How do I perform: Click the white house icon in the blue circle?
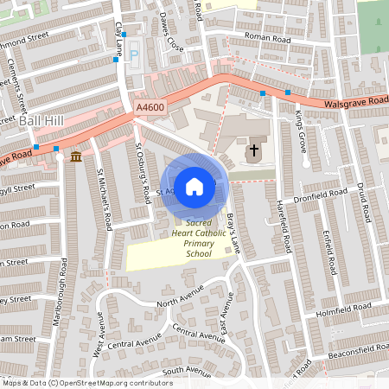194,187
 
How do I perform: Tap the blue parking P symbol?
133,56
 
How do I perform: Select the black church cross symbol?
254,150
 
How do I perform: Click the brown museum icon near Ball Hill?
76,156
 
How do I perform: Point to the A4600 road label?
150,106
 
